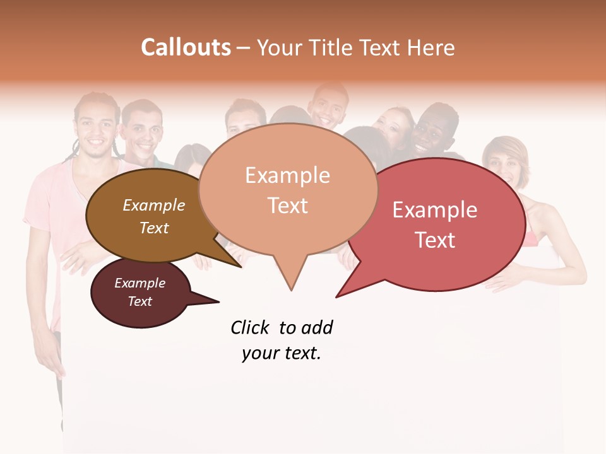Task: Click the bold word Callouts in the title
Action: (186, 48)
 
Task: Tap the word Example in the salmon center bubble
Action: (287, 175)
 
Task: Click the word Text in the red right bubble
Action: (435, 240)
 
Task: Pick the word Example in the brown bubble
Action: (153, 206)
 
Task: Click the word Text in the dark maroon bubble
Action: (140, 301)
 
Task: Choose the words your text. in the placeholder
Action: (281, 354)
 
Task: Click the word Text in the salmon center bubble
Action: (287, 206)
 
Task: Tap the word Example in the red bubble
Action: (435, 210)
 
